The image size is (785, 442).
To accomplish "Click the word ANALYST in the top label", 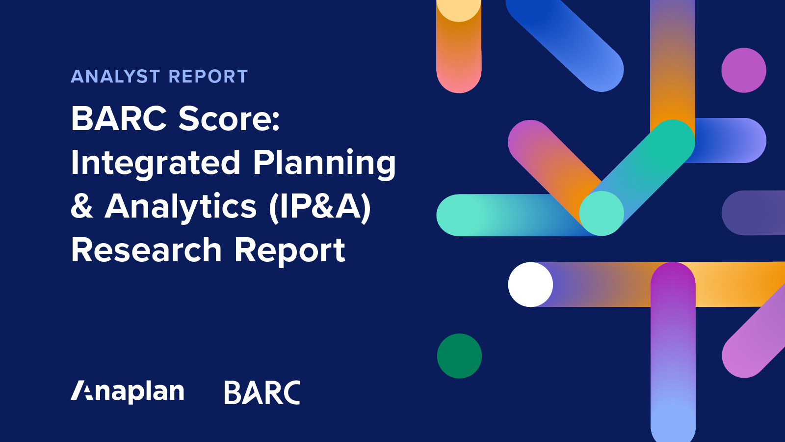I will [115, 77].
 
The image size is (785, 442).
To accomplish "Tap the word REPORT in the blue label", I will [208, 77].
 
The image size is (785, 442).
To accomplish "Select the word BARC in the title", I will [119, 119].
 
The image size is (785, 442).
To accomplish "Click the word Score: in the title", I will [229, 119].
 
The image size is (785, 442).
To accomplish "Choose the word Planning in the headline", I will [324, 163].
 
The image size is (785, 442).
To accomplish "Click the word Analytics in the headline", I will [181, 206].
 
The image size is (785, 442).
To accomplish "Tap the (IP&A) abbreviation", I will [319, 206].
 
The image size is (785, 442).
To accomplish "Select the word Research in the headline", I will [146, 250].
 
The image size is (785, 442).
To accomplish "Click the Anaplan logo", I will [128, 391].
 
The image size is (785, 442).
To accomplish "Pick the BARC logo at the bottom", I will [262, 392].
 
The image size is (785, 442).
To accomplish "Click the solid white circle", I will [530, 284].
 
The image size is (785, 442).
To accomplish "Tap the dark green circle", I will [459, 356].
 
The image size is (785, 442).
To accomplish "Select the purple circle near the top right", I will [744, 70].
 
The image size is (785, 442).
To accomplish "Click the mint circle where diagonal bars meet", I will [602, 213].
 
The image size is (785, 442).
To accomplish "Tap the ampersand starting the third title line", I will [82, 206].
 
